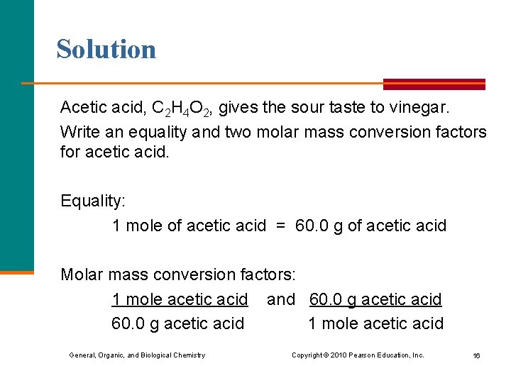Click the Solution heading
106,49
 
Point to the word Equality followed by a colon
93,201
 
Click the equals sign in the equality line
280,226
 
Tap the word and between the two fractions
280,299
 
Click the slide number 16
476,355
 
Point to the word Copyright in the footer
307,355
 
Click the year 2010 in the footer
339,355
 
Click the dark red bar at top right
434,84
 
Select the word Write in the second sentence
79,132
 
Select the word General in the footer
83,355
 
